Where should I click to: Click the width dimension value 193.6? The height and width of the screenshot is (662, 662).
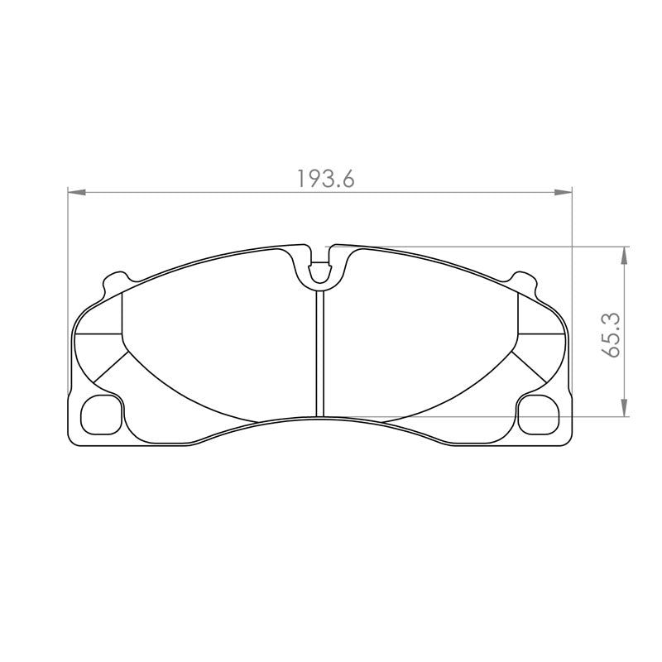click(324, 179)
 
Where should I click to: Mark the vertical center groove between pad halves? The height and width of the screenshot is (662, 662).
click(319, 356)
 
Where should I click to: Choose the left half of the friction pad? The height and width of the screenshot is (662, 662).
click(219, 339)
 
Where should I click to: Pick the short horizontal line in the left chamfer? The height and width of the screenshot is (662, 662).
click(98, 333)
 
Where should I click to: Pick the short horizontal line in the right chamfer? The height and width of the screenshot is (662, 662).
click(541, 333)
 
